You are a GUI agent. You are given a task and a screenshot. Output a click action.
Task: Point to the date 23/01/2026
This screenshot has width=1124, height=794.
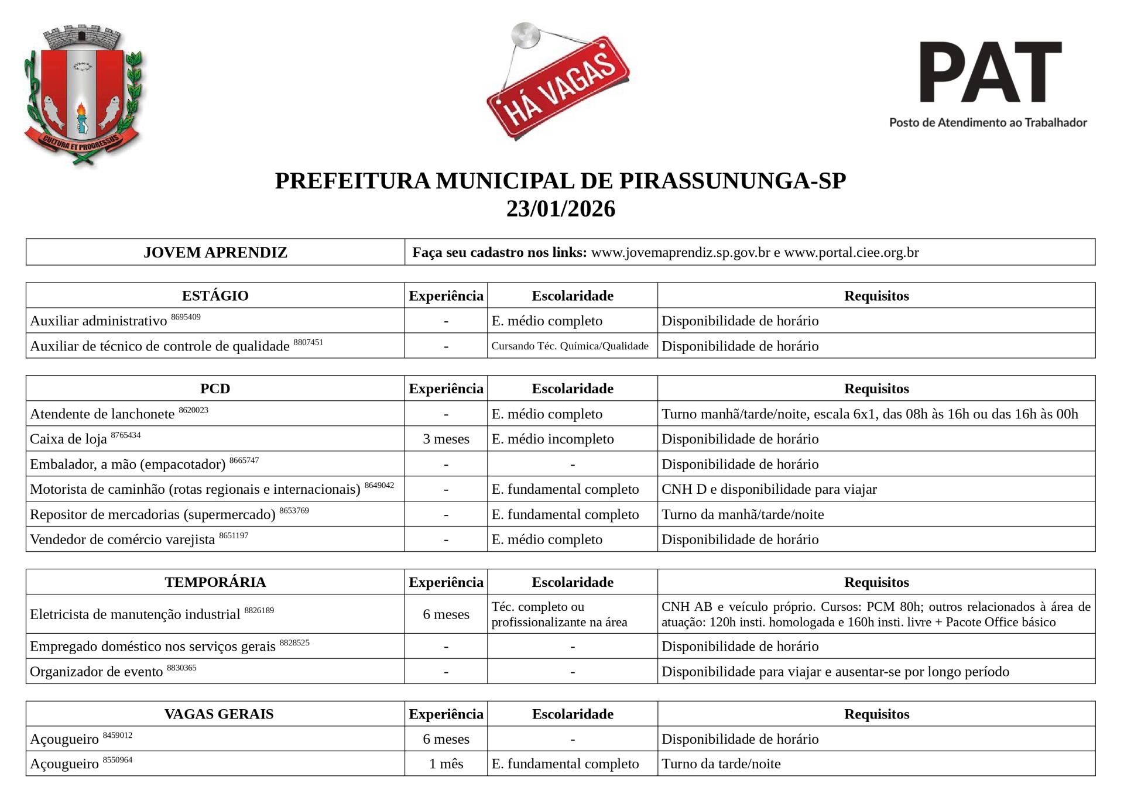560,209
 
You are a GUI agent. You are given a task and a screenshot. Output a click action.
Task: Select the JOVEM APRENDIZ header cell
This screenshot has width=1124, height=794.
215,253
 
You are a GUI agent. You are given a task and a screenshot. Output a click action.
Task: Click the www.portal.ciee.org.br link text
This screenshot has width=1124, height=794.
851,253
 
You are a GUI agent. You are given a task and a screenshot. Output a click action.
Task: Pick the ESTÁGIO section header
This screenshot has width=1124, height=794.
215,296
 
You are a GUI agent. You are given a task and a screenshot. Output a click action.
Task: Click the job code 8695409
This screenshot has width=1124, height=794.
186,317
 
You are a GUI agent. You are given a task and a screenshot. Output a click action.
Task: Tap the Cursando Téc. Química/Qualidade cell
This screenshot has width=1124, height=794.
570,346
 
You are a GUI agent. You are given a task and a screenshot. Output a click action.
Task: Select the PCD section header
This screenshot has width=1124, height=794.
215,389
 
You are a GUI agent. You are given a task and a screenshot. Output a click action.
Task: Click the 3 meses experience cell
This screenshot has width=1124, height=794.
446,439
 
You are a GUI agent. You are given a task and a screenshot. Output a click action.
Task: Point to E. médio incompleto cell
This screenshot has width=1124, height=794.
553,439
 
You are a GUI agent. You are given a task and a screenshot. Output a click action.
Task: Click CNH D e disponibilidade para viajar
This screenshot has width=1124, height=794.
769,489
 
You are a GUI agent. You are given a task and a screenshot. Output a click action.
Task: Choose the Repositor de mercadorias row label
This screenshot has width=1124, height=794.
152,515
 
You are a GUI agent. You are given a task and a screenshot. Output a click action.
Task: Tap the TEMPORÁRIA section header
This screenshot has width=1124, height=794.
215,582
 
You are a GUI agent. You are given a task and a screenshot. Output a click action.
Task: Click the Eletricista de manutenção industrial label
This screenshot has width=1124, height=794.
135,614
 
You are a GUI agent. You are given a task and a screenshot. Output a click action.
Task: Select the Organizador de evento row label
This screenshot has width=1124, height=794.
96,672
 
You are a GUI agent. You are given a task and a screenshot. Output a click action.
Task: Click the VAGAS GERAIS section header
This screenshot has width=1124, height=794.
218,714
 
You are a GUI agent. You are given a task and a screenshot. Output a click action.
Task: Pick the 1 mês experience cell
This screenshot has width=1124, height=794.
446,764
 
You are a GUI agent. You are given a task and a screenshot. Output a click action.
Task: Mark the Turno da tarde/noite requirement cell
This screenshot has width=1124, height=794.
721,764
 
